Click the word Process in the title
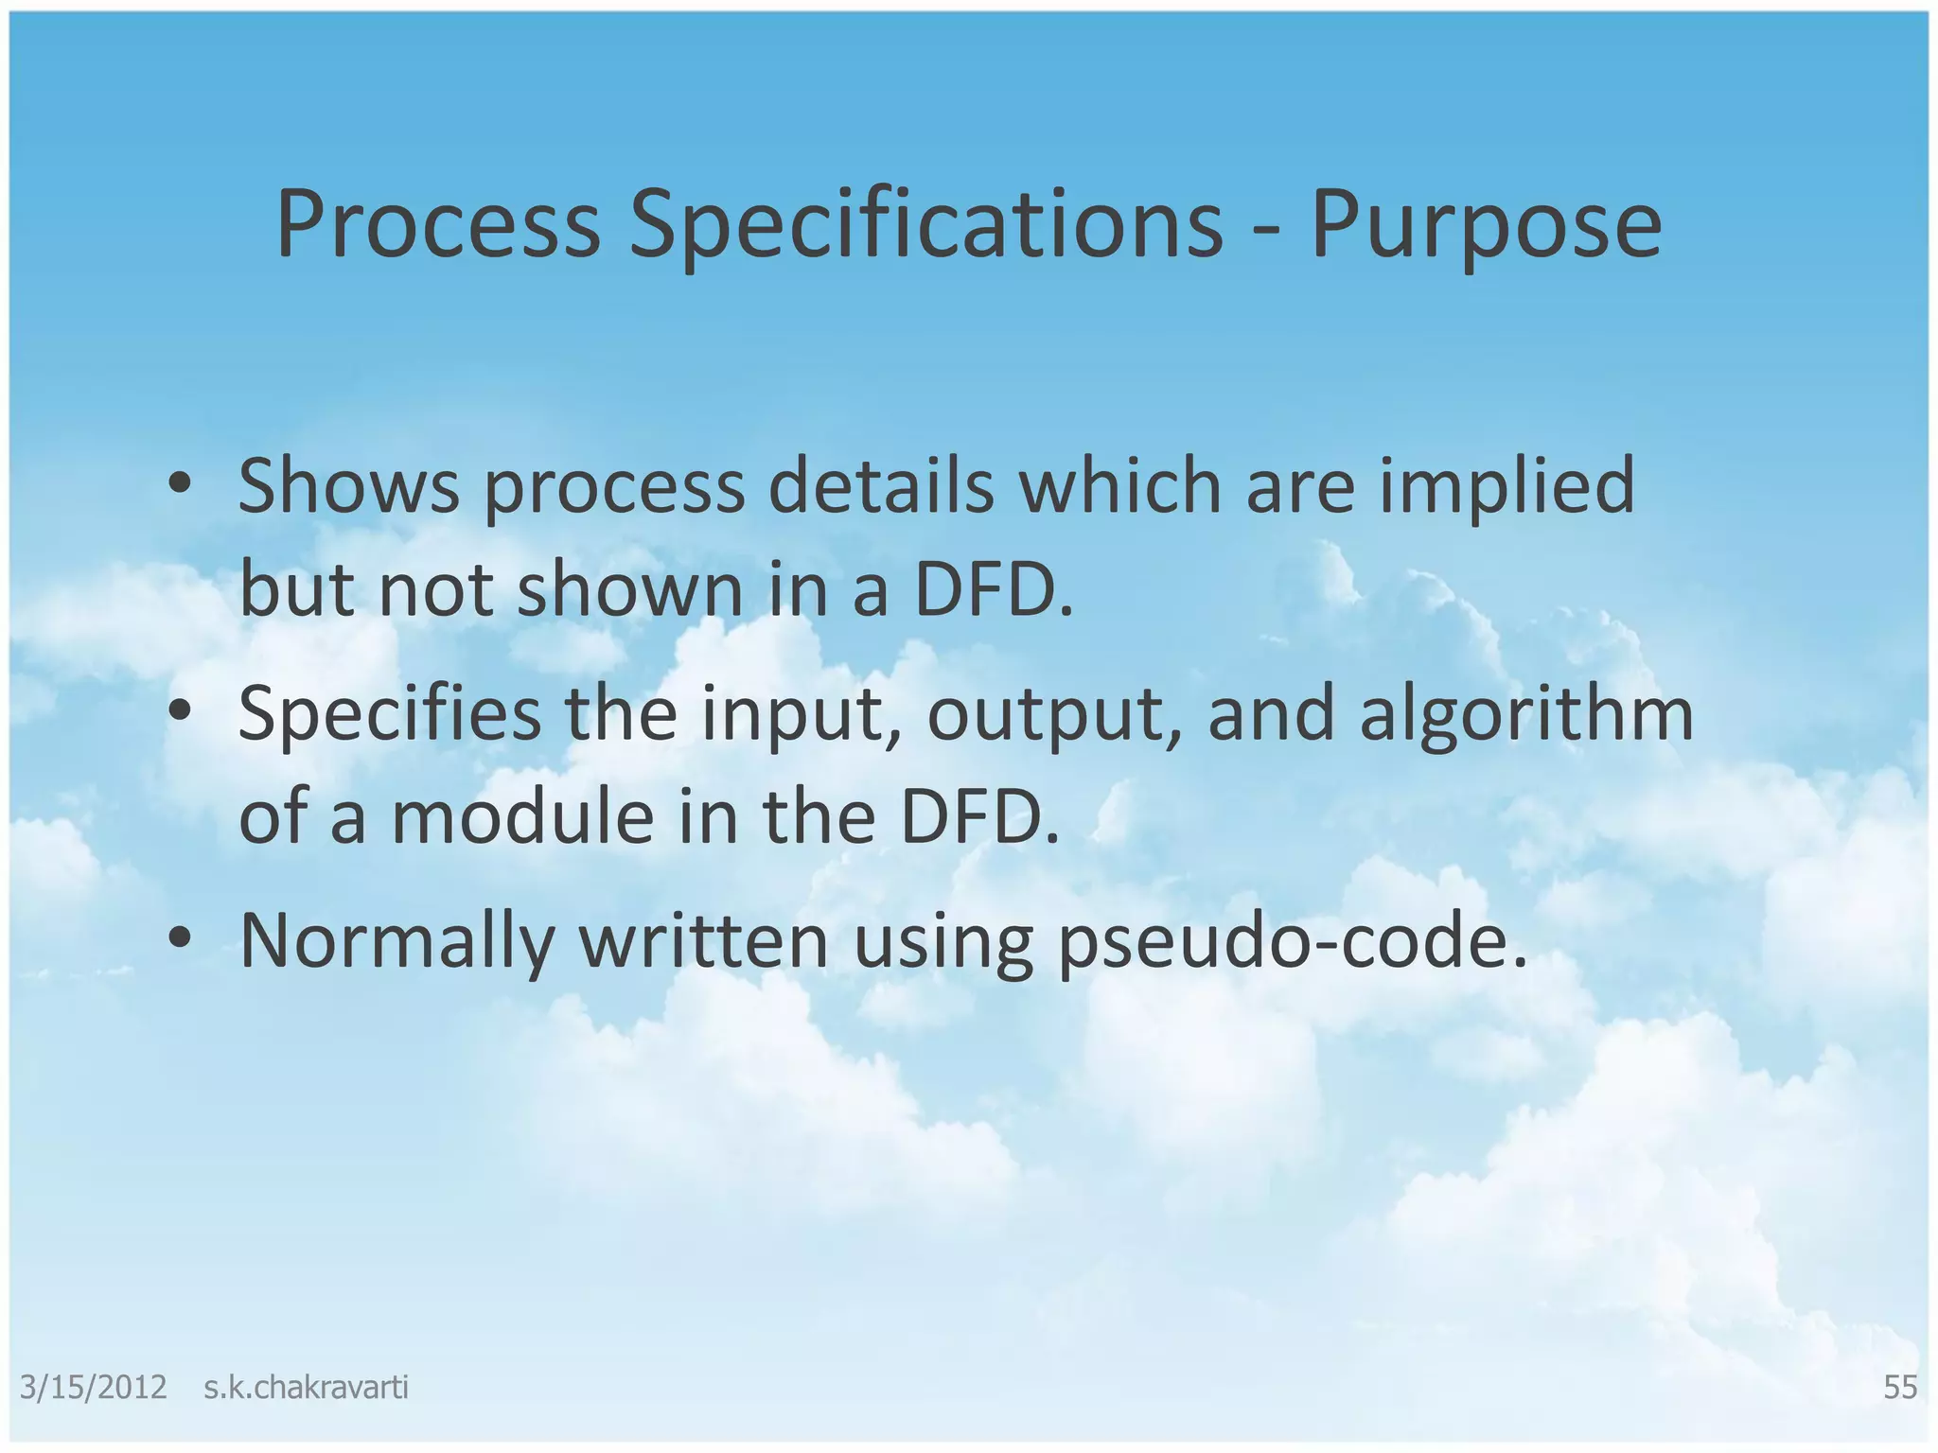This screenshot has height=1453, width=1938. (437, 224)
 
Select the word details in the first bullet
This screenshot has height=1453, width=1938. (880, 484)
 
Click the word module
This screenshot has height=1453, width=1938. (521, 817)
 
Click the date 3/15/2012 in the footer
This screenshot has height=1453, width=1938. (93, 1387)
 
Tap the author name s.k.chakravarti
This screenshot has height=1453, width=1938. (306, 1387)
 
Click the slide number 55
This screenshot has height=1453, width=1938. (1899, 1387)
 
